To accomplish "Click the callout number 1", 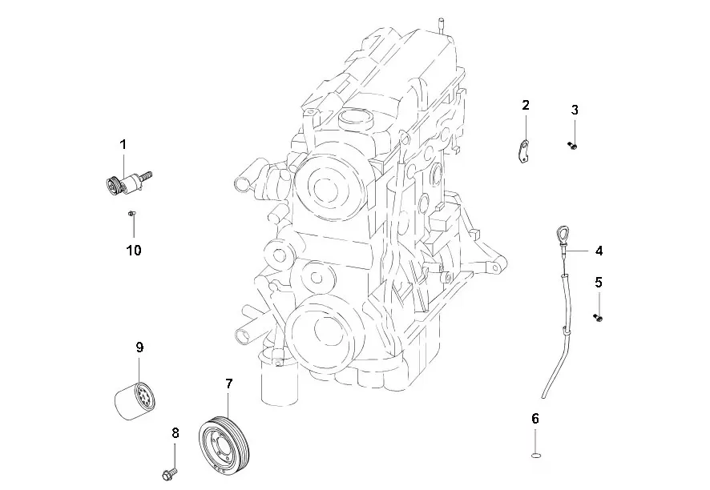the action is [123, 145].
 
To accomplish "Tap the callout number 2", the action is [525, 105].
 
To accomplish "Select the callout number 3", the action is [575, 110].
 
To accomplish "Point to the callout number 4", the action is [599, 251].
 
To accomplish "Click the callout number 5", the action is [599, 283].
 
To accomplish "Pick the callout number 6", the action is [535, 419].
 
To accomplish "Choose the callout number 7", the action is [228, 384].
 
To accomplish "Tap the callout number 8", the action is [175, 433].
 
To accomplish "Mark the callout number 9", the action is [139, 347].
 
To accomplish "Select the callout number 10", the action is [134, 250].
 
